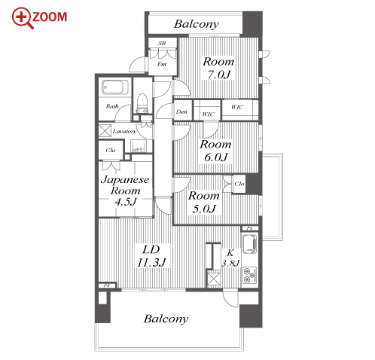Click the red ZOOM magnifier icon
(22, 17)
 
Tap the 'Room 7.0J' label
(218, 68)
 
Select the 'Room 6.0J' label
(215, 151)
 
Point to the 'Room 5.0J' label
(204, 203)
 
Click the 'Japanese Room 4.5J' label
(125, 191)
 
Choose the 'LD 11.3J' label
(151, 256)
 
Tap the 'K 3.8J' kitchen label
(230, 258)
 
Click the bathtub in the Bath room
(115, 87)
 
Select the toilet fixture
(142, 103)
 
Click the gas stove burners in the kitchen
(249, 275)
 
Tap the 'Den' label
(181, 111)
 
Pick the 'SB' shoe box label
(162, 43)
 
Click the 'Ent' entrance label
(162, 64)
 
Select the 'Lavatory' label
(124, 131)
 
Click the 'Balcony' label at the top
(197, 24)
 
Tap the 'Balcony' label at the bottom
(166, 319)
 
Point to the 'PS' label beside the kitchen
(249, 228)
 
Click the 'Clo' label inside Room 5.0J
(239, 184)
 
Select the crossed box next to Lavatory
(105, 131)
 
